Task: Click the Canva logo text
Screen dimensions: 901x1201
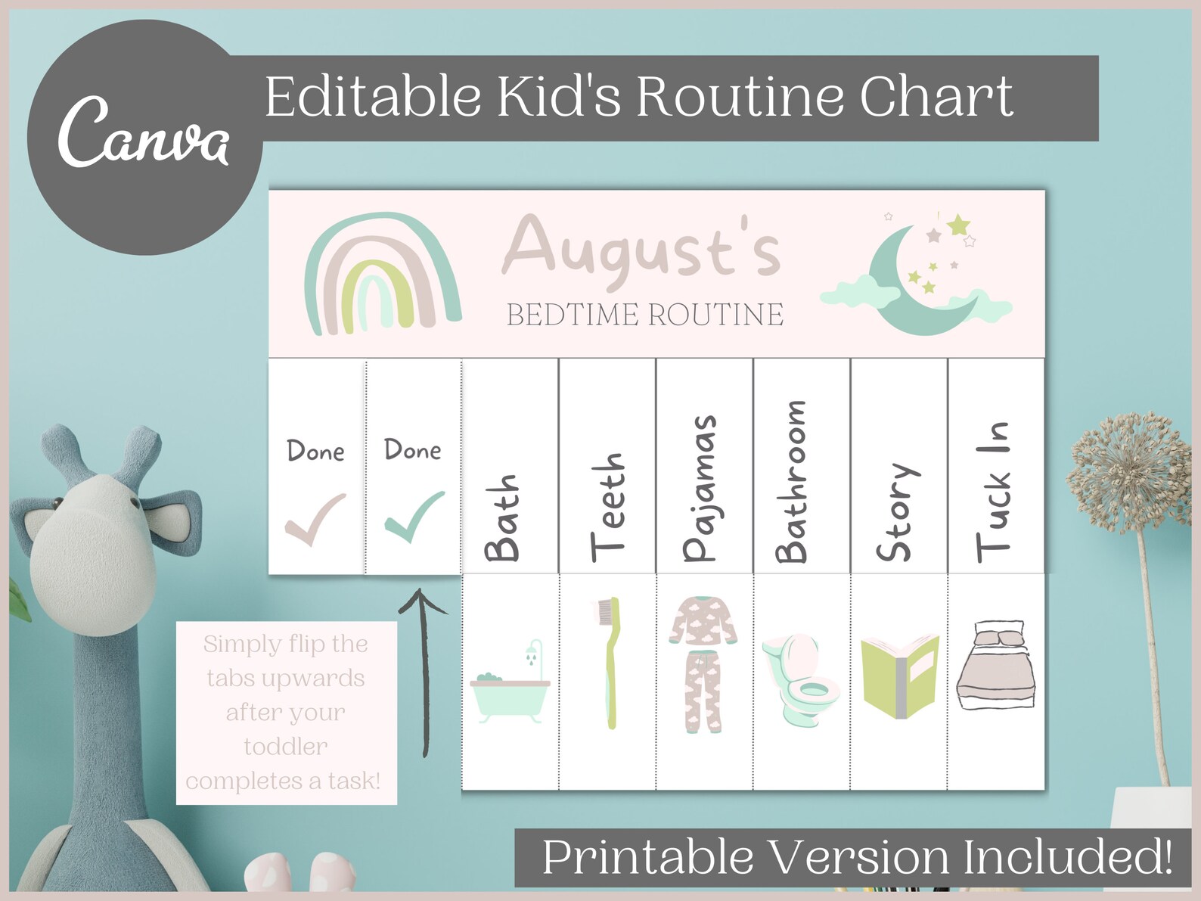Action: point(143,133)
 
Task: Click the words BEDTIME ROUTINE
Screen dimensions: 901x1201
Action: point(644,315)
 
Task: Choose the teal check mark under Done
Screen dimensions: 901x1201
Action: point(414,516)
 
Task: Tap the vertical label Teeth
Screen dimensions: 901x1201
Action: point(607,506)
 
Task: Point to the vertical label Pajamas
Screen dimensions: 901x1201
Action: point(699,488)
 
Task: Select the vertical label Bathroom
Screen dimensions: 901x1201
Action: point(791,481)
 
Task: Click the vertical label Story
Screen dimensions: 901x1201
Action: point(895,512)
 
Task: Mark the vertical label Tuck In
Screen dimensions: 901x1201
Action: point(992,492)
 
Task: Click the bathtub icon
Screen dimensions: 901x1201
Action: point(511,684)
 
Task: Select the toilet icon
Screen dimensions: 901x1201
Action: point(801,676)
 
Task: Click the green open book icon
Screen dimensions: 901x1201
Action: point(899,676)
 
